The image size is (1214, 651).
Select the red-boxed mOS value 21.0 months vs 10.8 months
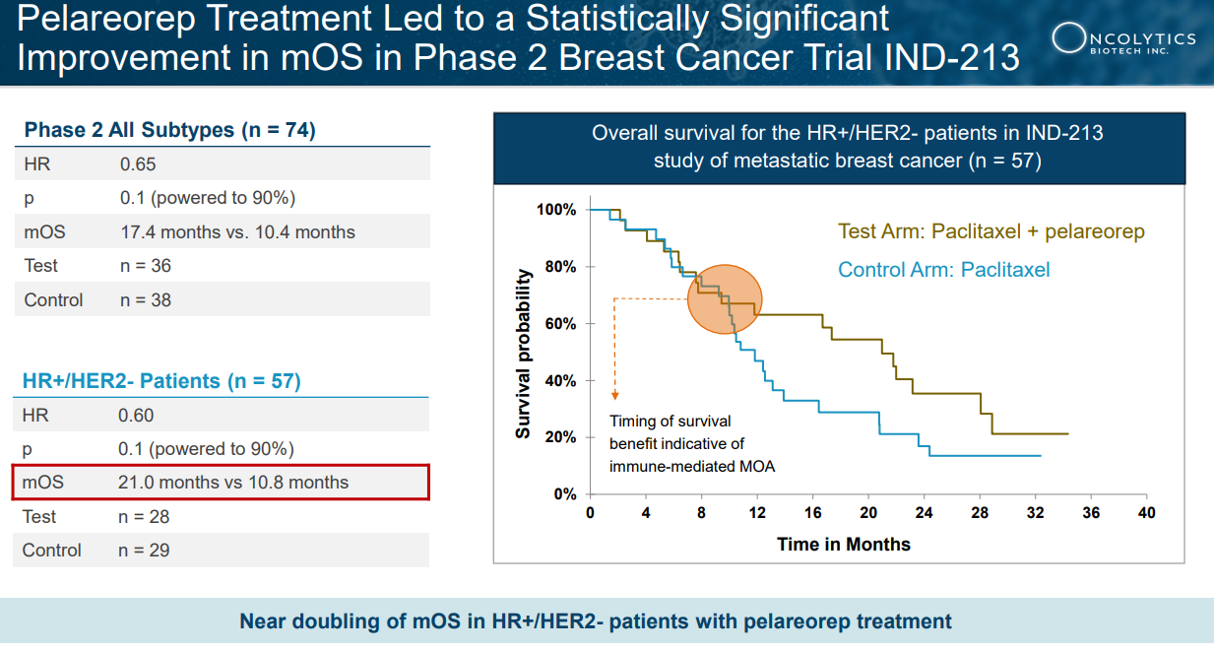(233, 483)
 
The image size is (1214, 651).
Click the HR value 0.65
(138, 164)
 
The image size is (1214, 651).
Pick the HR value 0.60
(136, 416)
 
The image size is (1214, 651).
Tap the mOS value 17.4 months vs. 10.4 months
(237, 232)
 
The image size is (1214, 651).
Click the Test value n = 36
(145, 266)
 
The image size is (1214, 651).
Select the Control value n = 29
(144, 551)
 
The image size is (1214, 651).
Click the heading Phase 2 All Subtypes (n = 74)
(169, 130)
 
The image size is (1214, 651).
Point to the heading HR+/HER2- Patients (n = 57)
(161, 381)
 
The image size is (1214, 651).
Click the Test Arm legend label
(990, 232)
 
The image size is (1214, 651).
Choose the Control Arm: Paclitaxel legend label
(943, 269)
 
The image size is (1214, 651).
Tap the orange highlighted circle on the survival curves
(724, 299)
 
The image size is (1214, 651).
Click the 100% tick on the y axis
(556, 210)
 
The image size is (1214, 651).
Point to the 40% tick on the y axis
(560, 380)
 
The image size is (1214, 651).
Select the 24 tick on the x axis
(924, 513)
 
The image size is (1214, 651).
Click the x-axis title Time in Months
(843, 544)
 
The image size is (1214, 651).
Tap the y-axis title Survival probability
(524, 353)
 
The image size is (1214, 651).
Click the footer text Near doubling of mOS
(596, 621)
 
